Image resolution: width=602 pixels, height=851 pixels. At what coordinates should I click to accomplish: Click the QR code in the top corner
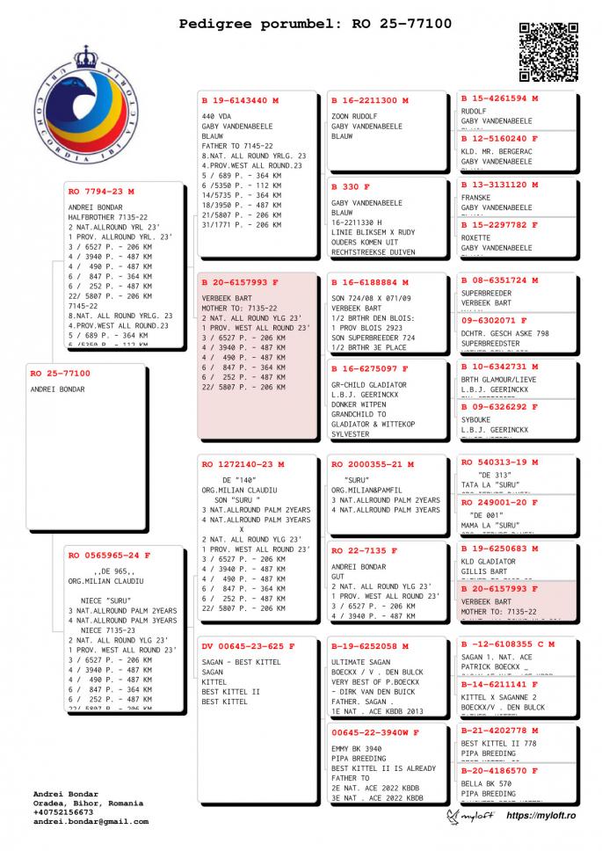coord(548,52)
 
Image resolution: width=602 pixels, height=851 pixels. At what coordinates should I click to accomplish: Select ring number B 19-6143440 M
coord(240,101)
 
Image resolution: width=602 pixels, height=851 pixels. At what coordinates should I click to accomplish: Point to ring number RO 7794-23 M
coord(102,191)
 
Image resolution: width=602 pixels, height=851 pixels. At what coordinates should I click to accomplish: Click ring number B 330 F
coord(351,187)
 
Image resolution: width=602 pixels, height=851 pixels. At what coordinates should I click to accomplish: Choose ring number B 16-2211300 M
coord(370,101)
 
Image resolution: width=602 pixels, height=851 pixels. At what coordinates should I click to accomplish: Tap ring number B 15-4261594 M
coord(500,98)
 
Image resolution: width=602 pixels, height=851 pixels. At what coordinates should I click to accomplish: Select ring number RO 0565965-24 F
coord(109,556)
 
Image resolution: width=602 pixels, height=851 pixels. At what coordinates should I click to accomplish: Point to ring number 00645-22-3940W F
coord(375,732)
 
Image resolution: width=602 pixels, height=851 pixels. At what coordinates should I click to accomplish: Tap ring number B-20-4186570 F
coord(500,770)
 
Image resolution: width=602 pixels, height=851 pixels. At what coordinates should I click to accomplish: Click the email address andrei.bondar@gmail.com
coord(91,822)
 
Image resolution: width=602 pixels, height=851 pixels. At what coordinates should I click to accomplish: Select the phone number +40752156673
coord(69,812)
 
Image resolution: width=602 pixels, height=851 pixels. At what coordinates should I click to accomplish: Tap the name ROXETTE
coord(475,237)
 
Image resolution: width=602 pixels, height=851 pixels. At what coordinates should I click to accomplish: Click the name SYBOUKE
coord(475,419)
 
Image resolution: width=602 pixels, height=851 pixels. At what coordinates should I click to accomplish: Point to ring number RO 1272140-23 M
coord(243,464)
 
